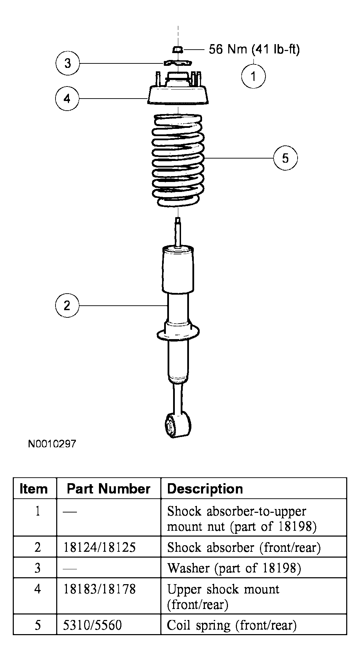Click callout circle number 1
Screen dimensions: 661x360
(x=253, y=76)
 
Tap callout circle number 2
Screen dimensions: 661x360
(x=67, y=306)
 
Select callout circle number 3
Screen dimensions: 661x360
(x=68, y=63)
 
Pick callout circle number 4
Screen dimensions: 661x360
(x=67, y=99)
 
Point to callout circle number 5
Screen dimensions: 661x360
(x=285, y=158)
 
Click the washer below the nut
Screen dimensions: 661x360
(x=177, y=63)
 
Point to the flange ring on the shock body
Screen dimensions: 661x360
(x=178, y=334)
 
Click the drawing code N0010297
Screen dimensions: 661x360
(x=52, y=444)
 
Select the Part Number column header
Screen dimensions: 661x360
(x=108, y=489)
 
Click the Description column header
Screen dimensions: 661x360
(x=205, y=489)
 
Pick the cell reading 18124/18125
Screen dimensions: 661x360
(x=99, y=548)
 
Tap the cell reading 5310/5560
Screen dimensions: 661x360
(x=92, y=625)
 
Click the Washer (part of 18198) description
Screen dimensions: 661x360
(x=234, y=568)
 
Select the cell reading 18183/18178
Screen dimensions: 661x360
(x=99, y=589)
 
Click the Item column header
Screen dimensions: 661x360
(x=34, y=489)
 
